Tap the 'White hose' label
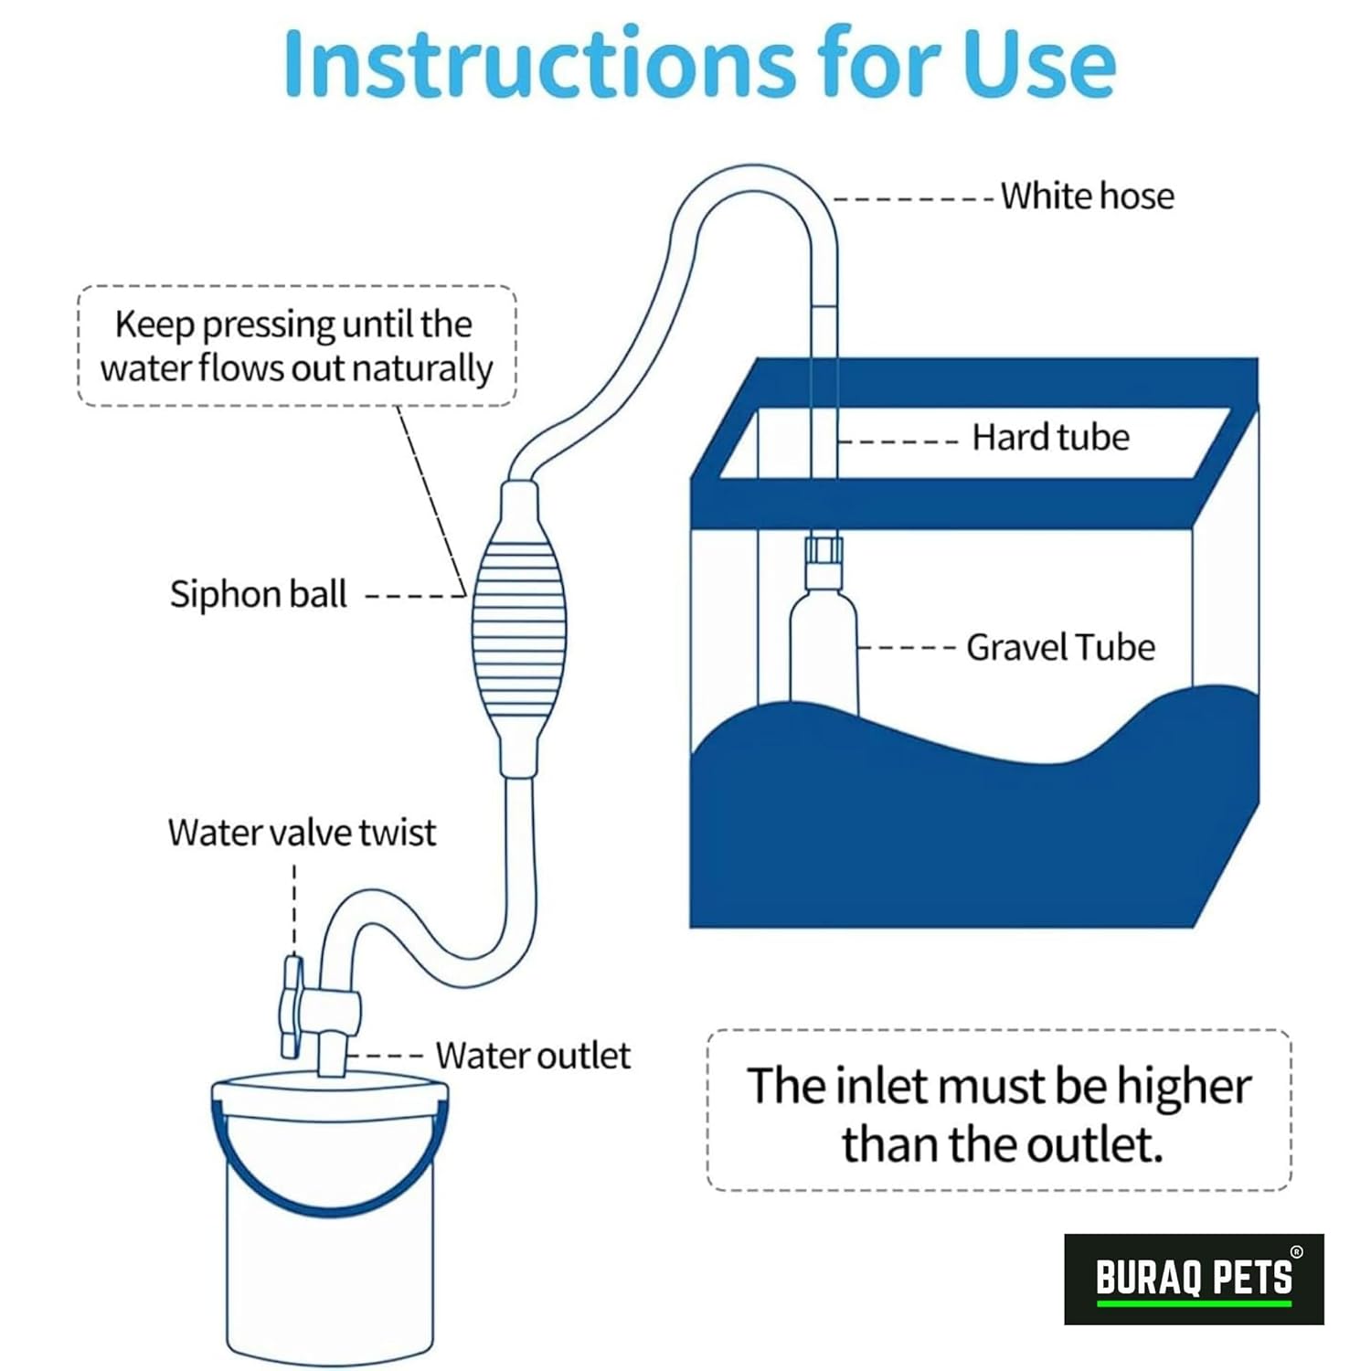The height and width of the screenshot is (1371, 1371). click(1087, 196)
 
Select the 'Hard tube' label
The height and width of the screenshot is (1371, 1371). click(1050, 437)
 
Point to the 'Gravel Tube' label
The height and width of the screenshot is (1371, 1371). click(1060, 647)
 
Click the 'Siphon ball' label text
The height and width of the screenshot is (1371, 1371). click(258, 594)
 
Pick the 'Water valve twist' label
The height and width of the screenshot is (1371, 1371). click(302, 832)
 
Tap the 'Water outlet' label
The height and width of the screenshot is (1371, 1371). click(533, 1056)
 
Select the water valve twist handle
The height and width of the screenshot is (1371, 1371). click(292, 1006)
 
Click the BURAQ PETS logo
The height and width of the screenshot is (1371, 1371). click(1194, 1279)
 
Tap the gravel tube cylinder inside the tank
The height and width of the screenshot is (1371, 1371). click(824, 649)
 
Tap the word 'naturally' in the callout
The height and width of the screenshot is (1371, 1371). click(422, 369)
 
